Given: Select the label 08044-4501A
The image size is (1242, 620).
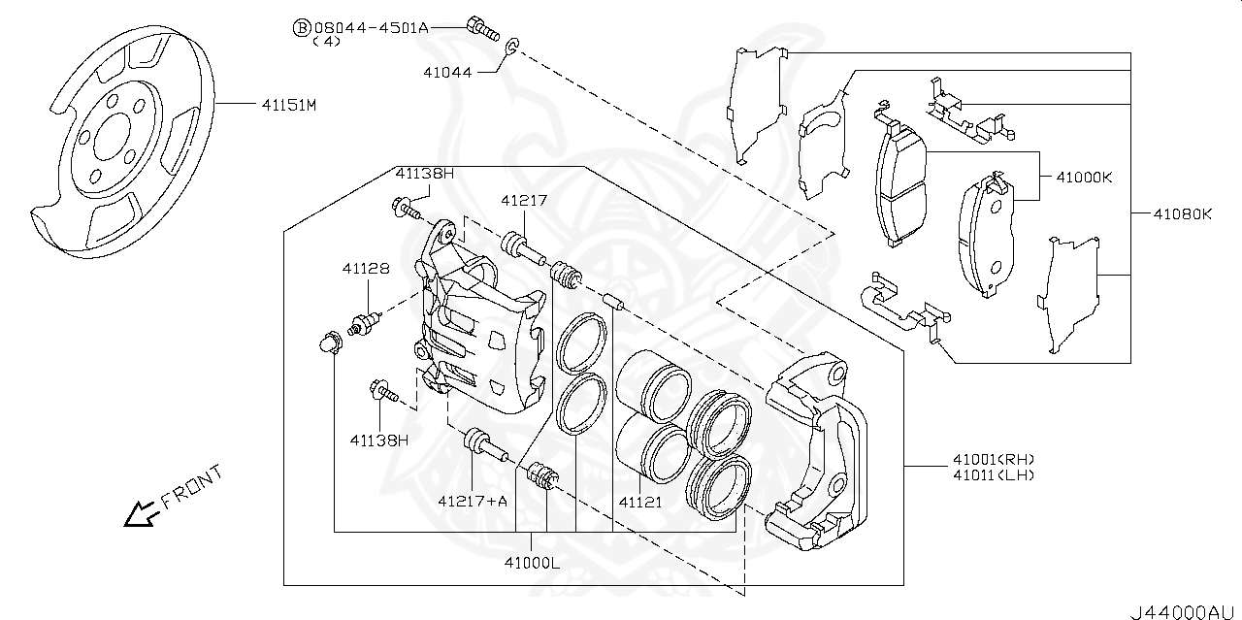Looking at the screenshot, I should pyautogui.click(x=371, y=28).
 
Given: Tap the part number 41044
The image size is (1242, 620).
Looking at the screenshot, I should pyautogui.click(x=447, y=72).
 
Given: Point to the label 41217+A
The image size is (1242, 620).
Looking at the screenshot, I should pyautogui.click(x=473, y=501).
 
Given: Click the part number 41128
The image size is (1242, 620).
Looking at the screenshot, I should pyautogui.click(x=365, y=268).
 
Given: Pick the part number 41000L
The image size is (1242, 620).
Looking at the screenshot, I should pyautogui.click(x=532, y=563).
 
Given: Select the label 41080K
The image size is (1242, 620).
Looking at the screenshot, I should pyautogui.click(x=1183, y=212).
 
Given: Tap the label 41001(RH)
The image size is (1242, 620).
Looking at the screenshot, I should pyautogui.click(x=993, y=459).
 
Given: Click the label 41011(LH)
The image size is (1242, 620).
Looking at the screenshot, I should pyautogui.click(x=993, y=475).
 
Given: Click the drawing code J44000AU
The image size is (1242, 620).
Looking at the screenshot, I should pyautogui.click(x=1184, y=611).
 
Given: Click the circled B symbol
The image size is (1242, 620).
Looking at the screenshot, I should pyautogui.click(x=301, y=28).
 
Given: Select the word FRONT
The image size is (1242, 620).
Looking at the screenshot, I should pyautogui.click(x=191, y=487).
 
